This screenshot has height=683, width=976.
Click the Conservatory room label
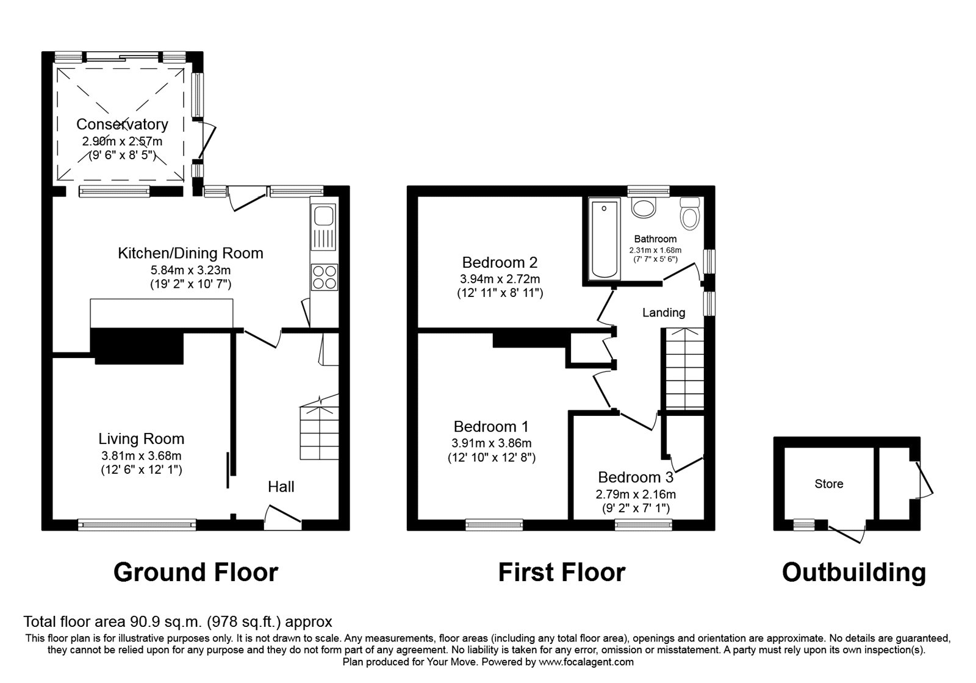(x=122, y=124)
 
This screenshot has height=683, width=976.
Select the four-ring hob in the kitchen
(x=324, y=277)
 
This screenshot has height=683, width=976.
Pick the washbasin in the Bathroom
(x=643, y=207)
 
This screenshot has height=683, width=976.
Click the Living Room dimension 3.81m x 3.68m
(x=142, y=456)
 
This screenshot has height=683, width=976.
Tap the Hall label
(x=281, y=487)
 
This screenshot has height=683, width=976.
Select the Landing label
(x=664, y=313)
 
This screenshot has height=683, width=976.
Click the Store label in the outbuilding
(x=829, y=484)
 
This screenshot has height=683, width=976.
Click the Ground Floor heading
(x=196, y=573)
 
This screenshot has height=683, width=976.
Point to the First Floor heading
(x=561, y=573)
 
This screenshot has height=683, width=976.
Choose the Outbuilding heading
(x=853, y=573)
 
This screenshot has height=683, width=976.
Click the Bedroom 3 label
(x=635, y=477)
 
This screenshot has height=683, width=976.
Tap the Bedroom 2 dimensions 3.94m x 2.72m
(x=500, y=279)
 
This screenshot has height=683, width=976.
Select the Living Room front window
(x=137, y=524)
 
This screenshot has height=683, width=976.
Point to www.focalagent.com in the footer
(x=586, y=662)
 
